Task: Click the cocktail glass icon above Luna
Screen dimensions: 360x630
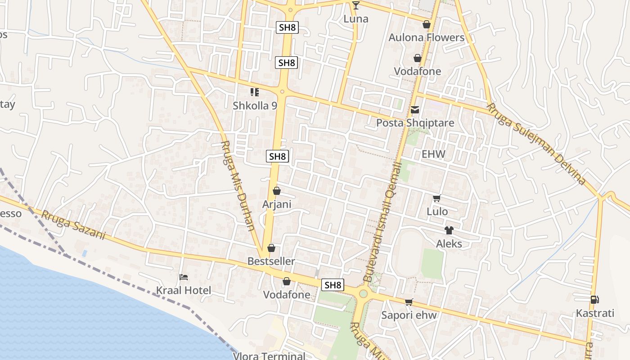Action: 356,5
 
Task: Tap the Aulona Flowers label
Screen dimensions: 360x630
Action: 426,37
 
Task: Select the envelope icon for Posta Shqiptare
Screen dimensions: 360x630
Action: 415,109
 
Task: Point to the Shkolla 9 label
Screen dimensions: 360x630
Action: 255,106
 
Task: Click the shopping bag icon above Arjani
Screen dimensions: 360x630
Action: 277,191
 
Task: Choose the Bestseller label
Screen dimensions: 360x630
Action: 271,261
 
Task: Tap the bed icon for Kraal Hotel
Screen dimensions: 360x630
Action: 184,277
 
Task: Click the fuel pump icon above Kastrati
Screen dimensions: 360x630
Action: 595,300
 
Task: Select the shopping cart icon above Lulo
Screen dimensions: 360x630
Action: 436,198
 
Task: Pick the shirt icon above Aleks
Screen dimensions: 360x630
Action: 449,230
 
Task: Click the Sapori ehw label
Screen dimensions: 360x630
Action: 409,315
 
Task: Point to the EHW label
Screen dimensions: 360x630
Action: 433,154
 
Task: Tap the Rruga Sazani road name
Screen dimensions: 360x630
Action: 73,225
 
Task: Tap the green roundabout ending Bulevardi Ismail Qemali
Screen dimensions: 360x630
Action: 363,294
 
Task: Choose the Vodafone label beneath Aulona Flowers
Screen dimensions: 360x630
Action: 418,71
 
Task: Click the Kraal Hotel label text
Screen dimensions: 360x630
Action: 184,290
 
